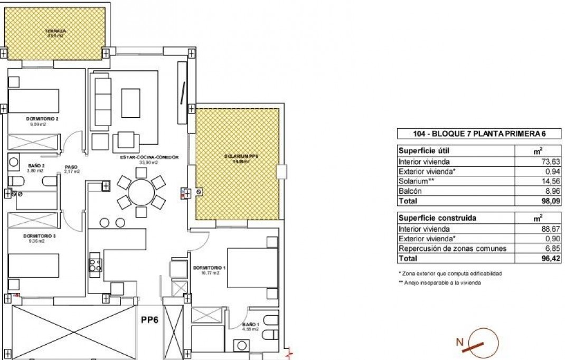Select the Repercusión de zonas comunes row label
click(453, 249)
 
